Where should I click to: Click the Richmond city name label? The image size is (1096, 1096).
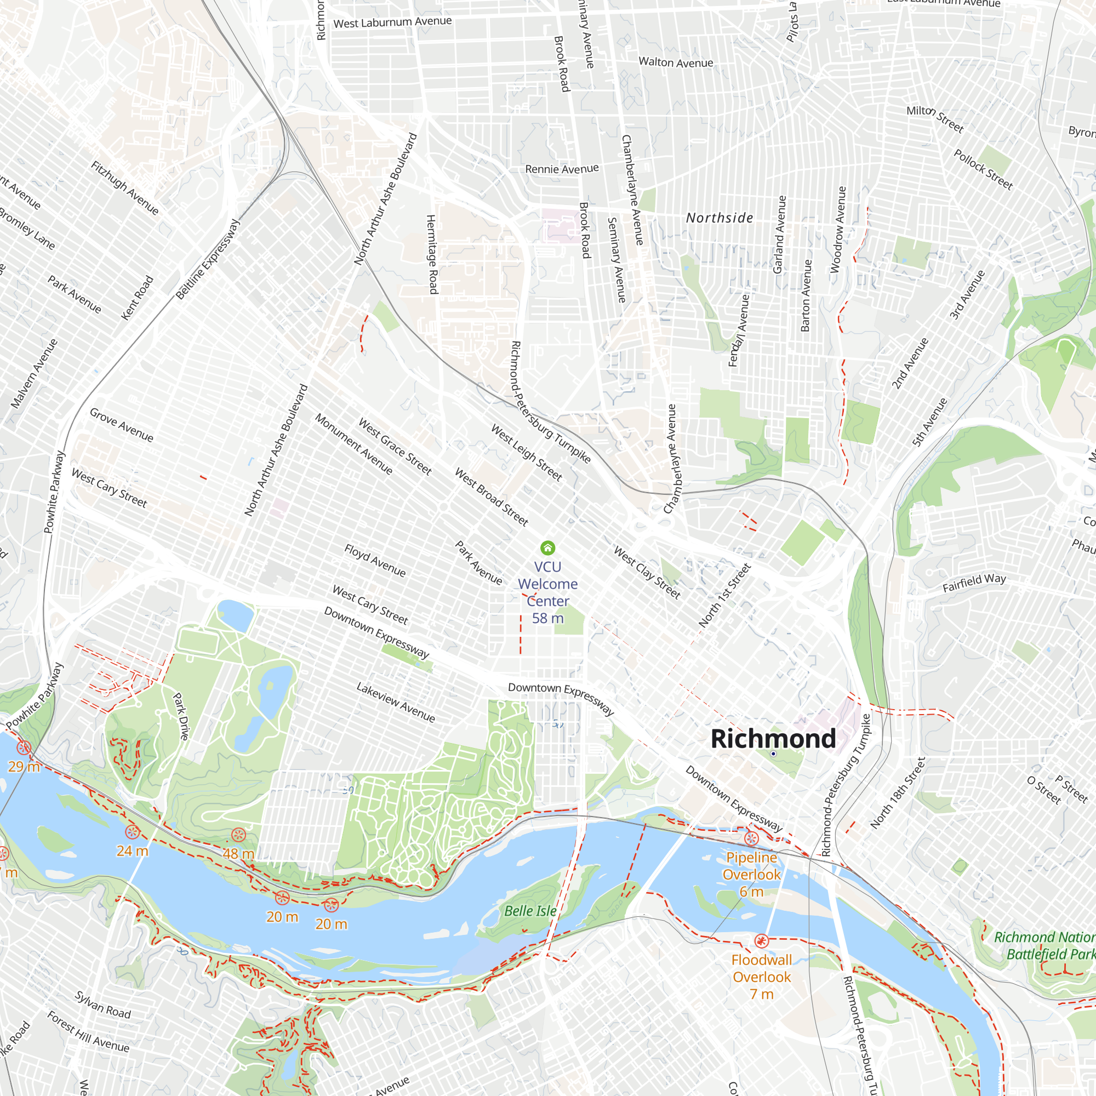coord(773,739)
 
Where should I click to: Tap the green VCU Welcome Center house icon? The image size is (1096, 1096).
coord(547,547)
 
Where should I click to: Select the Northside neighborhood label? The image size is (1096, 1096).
coord(720,218)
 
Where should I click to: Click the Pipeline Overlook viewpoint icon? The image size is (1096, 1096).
coord(751,838)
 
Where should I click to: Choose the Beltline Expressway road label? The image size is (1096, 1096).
coord(208,259)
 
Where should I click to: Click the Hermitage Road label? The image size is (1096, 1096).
coord(432,254)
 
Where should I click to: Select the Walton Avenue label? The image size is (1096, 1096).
coord(676,62)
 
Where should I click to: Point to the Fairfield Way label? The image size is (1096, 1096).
coord(974,583)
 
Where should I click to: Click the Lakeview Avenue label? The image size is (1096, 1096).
coord(396,703)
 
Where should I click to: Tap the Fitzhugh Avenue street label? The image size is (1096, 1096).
coord(125,188)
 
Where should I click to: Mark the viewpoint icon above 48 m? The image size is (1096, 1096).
coord(238,835)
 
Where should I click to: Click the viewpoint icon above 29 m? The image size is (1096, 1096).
coord(24,747)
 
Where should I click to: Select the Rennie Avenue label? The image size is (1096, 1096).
coord(562,169)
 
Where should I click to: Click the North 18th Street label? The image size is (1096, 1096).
coord(898,793)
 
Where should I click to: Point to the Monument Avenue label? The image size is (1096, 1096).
coord(353,444)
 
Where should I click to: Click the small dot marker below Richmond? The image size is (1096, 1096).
coord(773,754)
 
